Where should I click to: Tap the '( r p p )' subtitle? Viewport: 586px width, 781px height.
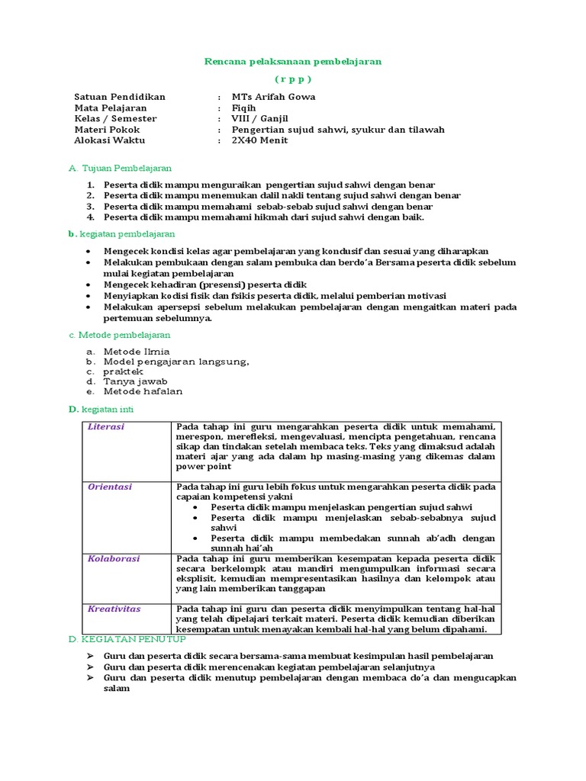293,79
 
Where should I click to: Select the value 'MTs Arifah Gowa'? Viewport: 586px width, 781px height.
273,97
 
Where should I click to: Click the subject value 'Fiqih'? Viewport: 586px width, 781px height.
244,108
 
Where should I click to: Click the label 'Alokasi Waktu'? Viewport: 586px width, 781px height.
109,140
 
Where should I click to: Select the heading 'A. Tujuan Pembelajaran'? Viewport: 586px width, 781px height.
120,167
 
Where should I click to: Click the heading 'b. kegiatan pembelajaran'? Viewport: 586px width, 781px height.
121,234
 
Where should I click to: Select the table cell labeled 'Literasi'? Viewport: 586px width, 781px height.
106,427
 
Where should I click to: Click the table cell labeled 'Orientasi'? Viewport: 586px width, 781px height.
109,487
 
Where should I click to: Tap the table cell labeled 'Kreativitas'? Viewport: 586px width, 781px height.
114,609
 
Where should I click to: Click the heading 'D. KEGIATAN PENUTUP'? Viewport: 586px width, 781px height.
127,638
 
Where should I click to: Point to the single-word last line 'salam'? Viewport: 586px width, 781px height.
117,688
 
